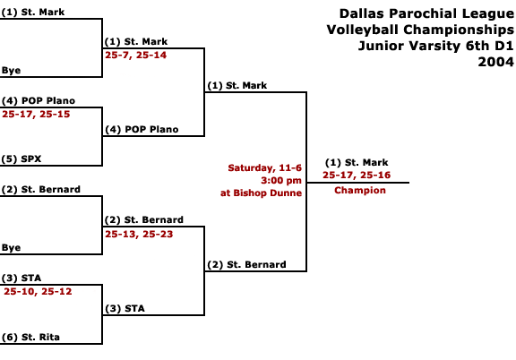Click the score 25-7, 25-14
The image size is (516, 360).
(135, 56)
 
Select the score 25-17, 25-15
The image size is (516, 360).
(36, 115)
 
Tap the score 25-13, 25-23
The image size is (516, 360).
(139, 235)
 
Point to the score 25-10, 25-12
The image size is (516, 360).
(38, 292)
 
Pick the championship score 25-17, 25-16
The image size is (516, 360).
(357, 175)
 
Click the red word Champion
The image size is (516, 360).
(360, 190)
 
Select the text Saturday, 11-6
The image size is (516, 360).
(264, 168)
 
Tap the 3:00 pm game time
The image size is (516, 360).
(281, 181)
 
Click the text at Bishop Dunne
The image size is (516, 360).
(261, 193)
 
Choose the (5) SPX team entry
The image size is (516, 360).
(21, 159)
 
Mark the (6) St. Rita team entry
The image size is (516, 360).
(30, 338)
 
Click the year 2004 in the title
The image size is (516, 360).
(495, 62)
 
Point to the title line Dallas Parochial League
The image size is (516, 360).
(426, 13)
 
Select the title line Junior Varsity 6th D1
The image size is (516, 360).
(435, 46)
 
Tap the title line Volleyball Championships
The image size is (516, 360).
(420, 30)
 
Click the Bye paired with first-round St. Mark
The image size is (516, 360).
(11, 71)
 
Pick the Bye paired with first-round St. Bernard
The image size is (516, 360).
(11, 248)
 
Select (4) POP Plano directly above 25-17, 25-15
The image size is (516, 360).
(39, 100)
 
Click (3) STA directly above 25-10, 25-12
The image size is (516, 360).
(21, 279)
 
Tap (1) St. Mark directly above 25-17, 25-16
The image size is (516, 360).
(357, 163)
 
